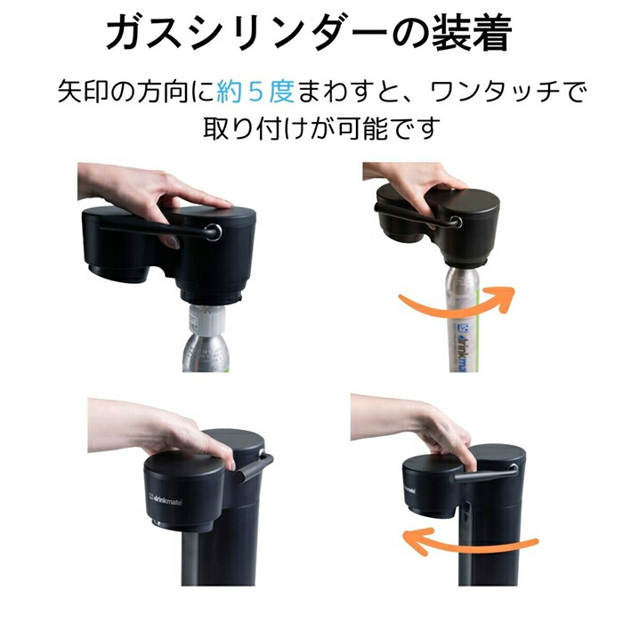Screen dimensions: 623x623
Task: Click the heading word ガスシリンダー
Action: [231, 34]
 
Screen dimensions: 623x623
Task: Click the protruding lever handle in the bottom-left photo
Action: [254, 465]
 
